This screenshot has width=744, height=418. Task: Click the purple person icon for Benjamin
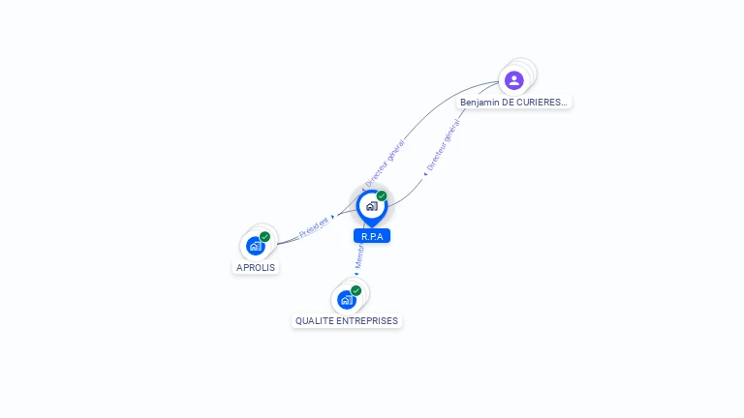(x=514, y=79)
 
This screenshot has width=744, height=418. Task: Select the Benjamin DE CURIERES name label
(x=514, y=102)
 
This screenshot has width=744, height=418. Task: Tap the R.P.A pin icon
(x=371, y=206)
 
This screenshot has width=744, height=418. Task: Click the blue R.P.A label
(x=372, y=236)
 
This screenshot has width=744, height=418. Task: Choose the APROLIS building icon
(x=256, y=246)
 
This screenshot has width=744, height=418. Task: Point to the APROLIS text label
(x=256, y=267)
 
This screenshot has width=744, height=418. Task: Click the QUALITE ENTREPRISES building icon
(x=347, y=299)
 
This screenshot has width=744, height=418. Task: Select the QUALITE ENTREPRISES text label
(x=347, y=320)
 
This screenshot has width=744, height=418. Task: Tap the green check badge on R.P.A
(x=382, y=195)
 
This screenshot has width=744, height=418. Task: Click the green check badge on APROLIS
(x=264, y=237)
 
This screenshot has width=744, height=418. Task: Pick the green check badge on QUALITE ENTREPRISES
(x=356, y=290)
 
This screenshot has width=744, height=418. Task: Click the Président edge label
(x=313, y=226)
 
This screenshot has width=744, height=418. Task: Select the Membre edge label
(x=358, y=255)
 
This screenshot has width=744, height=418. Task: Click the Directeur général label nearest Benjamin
(x=444, y=145)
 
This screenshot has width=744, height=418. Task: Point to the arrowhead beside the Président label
(x=332, y=218)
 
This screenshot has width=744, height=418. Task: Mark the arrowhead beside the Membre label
(x=356, y=274)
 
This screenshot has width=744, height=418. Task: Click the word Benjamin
(x=480, y=102)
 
